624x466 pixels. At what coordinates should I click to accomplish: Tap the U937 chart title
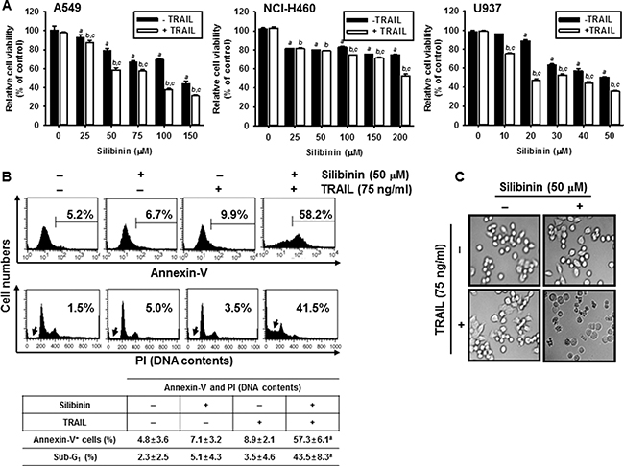449,10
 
